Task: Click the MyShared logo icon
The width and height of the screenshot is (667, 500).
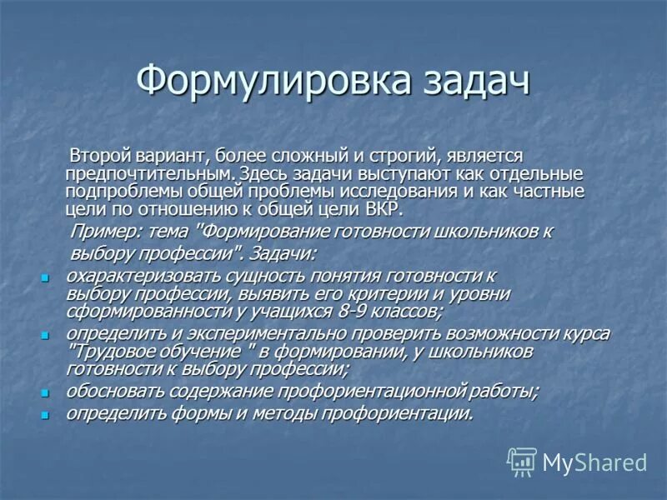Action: coord(522,461)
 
